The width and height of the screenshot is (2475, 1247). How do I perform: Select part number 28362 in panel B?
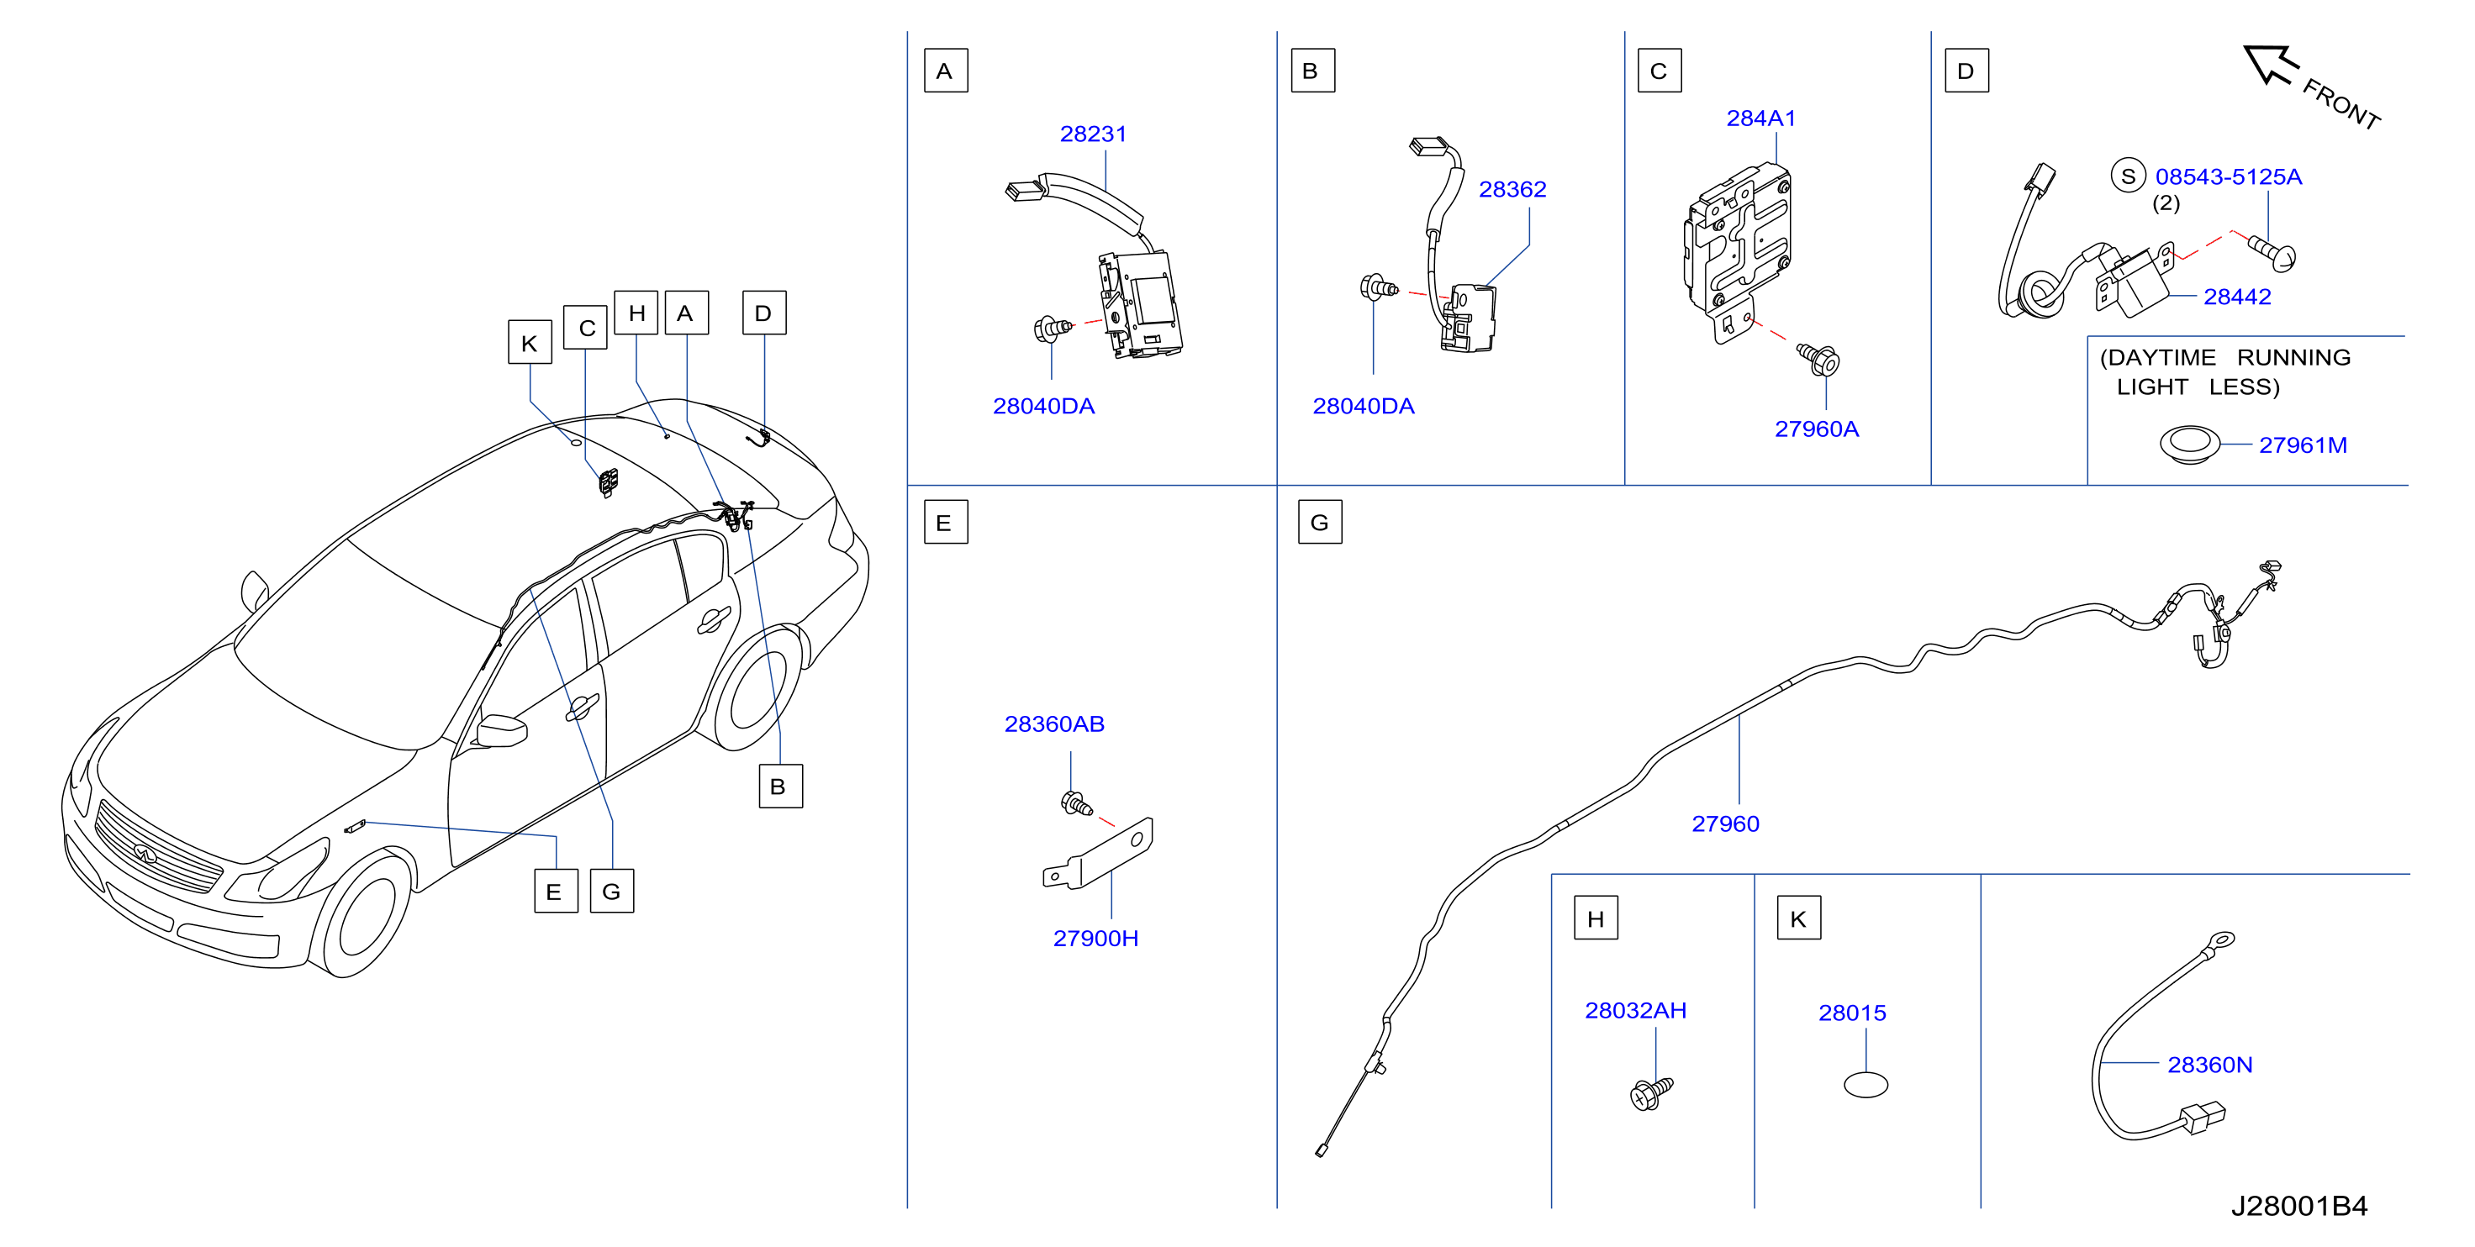(x=1512, y=189)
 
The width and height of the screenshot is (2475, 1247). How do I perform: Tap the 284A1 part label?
(x=1760, y=118)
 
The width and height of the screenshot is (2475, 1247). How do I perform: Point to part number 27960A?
(x=1816, y=429)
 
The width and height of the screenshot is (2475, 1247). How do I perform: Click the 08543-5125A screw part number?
(x=2228, y=176)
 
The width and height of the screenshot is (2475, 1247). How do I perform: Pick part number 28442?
(x=2237, y=297)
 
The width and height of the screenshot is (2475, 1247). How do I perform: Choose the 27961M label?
(x=2302, y=445)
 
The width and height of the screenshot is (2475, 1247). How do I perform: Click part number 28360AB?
(x=1054, y=723)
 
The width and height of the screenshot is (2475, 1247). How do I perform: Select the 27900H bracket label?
(x=1095, y=938)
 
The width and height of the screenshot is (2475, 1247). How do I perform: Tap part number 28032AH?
(x=1635, y=1010)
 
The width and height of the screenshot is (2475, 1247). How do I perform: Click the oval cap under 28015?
(x=1865, y=1085)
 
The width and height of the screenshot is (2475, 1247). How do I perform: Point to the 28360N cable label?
(x=2210, y=1065)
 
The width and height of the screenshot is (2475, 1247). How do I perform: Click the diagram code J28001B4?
(x=2299, y=1206)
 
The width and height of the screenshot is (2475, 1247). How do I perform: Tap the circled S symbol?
(x=2128, y=176)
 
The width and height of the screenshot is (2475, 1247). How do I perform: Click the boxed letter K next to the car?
(x=530, y=343)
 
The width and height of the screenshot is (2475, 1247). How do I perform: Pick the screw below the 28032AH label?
(x=1652, y=1092)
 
